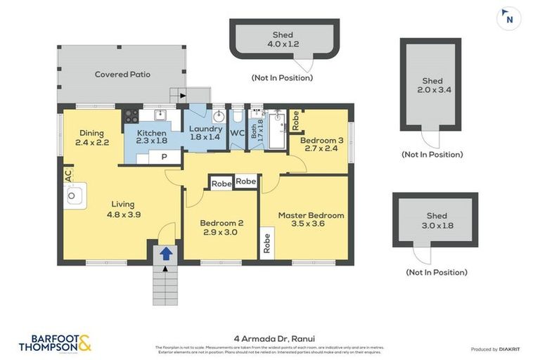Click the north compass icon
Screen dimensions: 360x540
click(509, 18)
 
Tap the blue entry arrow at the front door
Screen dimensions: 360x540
click(165, 253)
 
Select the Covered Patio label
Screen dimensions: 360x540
click(122, 75)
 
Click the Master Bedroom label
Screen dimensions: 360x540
click(311, 220)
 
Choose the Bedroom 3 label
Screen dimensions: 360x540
click(321, 145)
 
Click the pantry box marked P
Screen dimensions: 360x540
click(164, 157)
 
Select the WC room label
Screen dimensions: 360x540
click(237, 133)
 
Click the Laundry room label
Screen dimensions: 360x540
click(206, 133)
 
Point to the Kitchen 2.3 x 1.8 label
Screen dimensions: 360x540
click(151, 137)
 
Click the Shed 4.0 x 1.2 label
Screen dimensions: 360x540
click(283, 40)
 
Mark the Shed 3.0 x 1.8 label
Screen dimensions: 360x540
click(436, 221)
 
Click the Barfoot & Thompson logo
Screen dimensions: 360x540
click(55, 343)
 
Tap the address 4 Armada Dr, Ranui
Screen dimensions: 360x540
click(269, 337)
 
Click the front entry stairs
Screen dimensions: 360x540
click(163, 284)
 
